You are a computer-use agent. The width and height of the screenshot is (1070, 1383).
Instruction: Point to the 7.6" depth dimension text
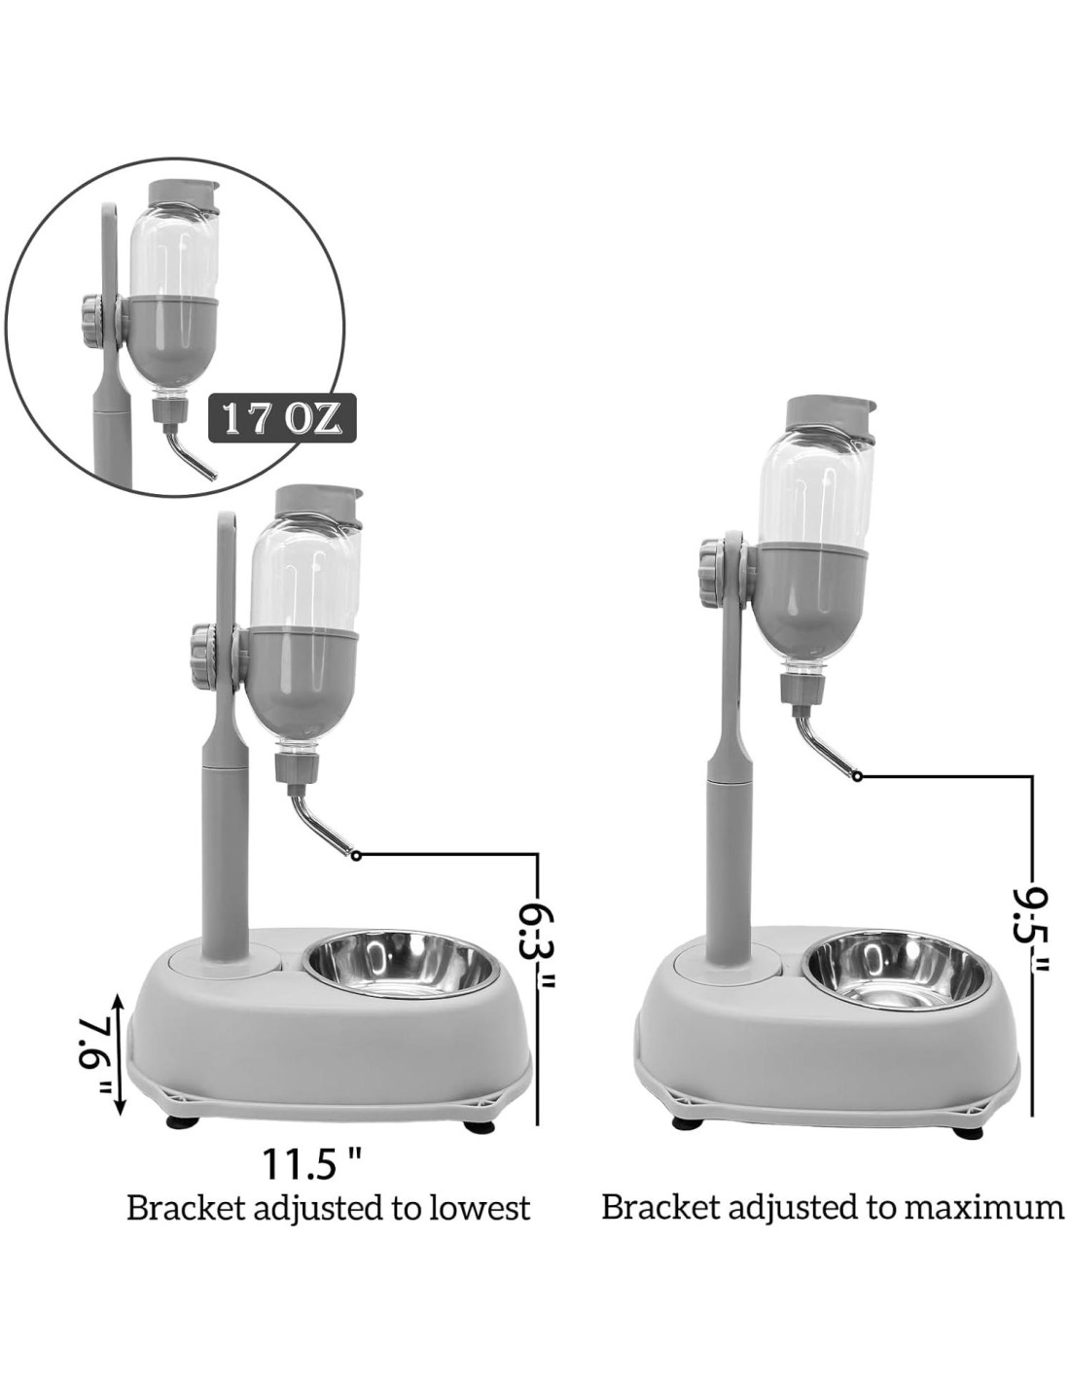(x=94, y=1057)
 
